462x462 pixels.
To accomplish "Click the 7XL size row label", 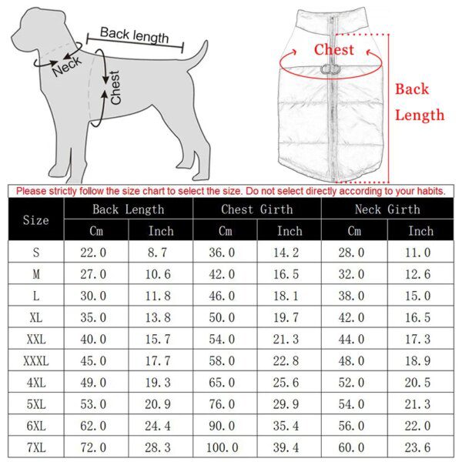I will (x=35, y=447).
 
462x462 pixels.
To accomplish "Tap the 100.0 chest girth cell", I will (x=225, y=447).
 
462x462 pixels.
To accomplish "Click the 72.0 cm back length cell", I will (x=96, y=447).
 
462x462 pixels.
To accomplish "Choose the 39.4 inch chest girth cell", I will (x=290, y=447).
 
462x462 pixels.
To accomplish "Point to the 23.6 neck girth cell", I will (x=420, y=447).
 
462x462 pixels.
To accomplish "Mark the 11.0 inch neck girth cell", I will (x=420, y=252).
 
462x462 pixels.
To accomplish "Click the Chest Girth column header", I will (x=256, y=209).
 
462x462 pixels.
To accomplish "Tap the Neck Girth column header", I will (x=387, y=209).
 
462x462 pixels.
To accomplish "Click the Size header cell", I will (x=35, y=220).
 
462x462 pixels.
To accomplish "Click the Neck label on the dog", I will (x=66, y=67).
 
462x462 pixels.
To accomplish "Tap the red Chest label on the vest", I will (x=334, y=50).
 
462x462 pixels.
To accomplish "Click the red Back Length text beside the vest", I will (x=420, y=102).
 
